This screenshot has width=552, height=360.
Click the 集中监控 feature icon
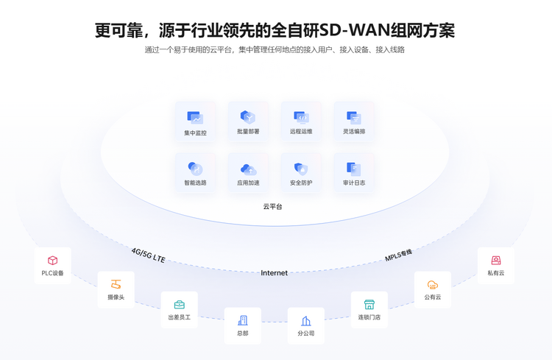tap(195, 118)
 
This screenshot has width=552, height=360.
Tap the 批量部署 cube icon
tap(248, 117)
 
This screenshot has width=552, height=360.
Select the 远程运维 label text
tap(301, 131)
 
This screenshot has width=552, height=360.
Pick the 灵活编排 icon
tap(354, 118)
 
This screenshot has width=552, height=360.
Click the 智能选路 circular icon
tap(195, 169)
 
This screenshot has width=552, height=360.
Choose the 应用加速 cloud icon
tap(248, 169)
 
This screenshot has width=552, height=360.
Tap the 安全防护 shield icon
tap(301, 169)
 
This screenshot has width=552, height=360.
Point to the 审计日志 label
tap(354, 183)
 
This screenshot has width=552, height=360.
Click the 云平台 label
tap(272, 206)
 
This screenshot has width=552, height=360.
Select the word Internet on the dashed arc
tap(274, 272)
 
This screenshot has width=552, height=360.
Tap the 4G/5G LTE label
tap(148, 255)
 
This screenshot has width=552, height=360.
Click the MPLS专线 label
tap(398, 255)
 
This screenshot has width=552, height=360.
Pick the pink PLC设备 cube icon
tap(52, 261)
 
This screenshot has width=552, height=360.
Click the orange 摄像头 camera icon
tap(116, 284)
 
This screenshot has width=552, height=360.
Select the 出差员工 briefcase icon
tap(179, 304)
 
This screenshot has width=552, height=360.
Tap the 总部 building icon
tap(243, 320)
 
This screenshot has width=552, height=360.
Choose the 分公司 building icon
tap(306, 321)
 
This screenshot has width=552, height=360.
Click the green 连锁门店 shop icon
tap(369, 304)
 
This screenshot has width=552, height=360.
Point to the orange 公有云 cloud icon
tap(433, 285)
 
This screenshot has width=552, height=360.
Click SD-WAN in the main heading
tap(353, 31)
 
